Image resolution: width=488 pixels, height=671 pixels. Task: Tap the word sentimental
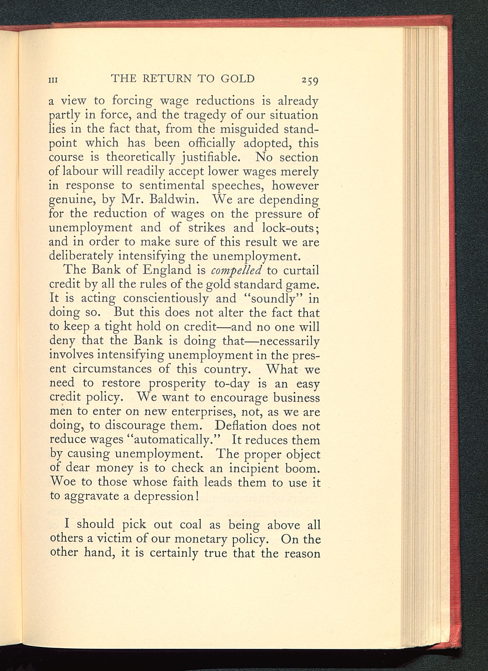point(172,185)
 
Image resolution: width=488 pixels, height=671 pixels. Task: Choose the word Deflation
point(241,426)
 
